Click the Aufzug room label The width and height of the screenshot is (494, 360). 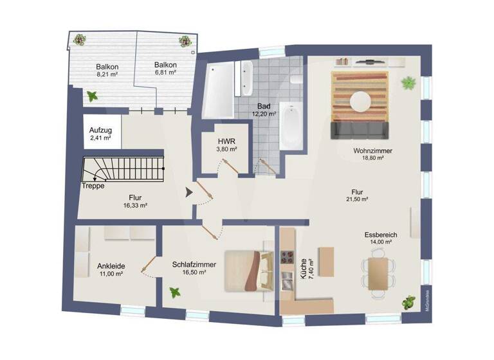pos(100,130)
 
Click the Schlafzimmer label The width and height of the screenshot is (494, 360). pos(194,264)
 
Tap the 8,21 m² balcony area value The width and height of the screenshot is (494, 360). pos(107,75)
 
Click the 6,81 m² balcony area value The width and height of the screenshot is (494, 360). pos(165,73)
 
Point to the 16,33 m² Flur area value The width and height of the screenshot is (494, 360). pos(135,206)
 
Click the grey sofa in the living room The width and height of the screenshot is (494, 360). pos(360,130)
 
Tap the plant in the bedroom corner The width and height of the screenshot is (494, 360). pos(174,292)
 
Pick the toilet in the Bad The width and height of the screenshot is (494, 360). pos(296,79)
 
